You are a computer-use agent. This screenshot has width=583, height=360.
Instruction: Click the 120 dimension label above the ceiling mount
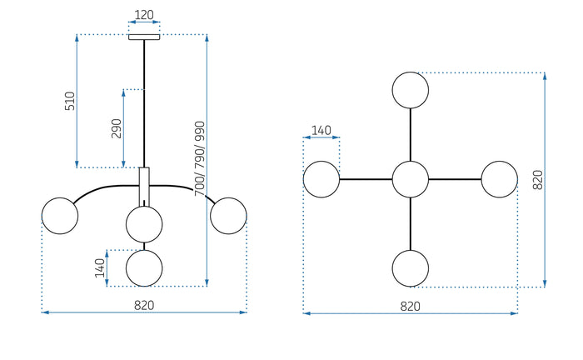[x=143, y=15]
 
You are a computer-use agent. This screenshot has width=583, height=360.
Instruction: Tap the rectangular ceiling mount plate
[x=143, y=36]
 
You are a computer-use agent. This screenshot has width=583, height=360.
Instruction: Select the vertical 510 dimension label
[x=70, y=101]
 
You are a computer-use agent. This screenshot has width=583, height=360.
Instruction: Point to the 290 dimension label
[x=117, y=127]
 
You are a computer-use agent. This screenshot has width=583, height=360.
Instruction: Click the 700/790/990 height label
[x=199, y=159]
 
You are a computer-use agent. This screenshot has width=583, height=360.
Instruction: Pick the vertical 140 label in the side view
[x=100, y=267]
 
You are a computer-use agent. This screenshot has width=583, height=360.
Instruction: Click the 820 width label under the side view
[x=144, y=305]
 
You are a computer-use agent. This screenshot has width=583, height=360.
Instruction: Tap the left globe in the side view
[x=60, y=216]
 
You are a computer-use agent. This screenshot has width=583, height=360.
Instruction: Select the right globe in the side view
[x=228, y=216]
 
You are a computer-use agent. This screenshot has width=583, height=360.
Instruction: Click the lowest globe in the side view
[x=144, y=268]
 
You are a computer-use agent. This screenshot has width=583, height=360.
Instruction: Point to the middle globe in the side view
[x=144, y=223]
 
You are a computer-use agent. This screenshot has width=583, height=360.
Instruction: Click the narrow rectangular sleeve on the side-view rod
[x=144, y=186]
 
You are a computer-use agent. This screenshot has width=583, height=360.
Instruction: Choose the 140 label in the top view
[x=321, y=130]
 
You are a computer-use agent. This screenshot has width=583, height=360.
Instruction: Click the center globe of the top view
[x=411, y=179]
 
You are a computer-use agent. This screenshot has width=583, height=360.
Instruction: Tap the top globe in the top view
[x=411, y=90]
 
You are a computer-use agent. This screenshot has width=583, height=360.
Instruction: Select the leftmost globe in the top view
[x=321, y=179]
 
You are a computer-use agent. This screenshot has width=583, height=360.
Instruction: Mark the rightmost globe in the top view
[x=500, y=179]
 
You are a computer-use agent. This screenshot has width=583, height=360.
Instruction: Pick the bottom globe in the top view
[x=411, y=268]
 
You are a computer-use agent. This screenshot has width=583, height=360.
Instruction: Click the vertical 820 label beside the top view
[x=537, y=179]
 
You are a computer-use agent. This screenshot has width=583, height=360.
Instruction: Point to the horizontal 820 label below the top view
[x=411, y=306]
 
